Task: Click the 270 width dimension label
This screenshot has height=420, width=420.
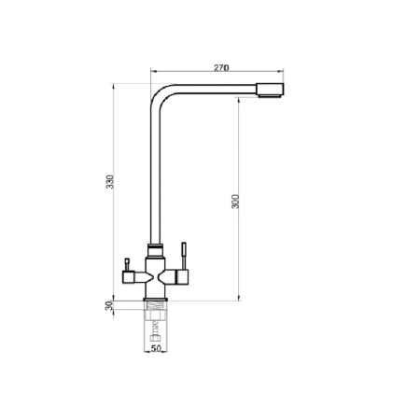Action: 221,67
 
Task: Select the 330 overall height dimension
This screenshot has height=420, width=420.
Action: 110,182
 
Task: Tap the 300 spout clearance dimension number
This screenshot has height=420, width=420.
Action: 236,202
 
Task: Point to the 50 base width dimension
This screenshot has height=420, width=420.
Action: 156,348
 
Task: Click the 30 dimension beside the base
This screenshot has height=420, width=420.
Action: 109,305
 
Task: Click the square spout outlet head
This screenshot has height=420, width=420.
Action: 270,91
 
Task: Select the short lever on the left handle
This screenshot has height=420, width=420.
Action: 127,265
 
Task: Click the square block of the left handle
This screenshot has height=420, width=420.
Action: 128,277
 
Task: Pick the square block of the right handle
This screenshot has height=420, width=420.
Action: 183,276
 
